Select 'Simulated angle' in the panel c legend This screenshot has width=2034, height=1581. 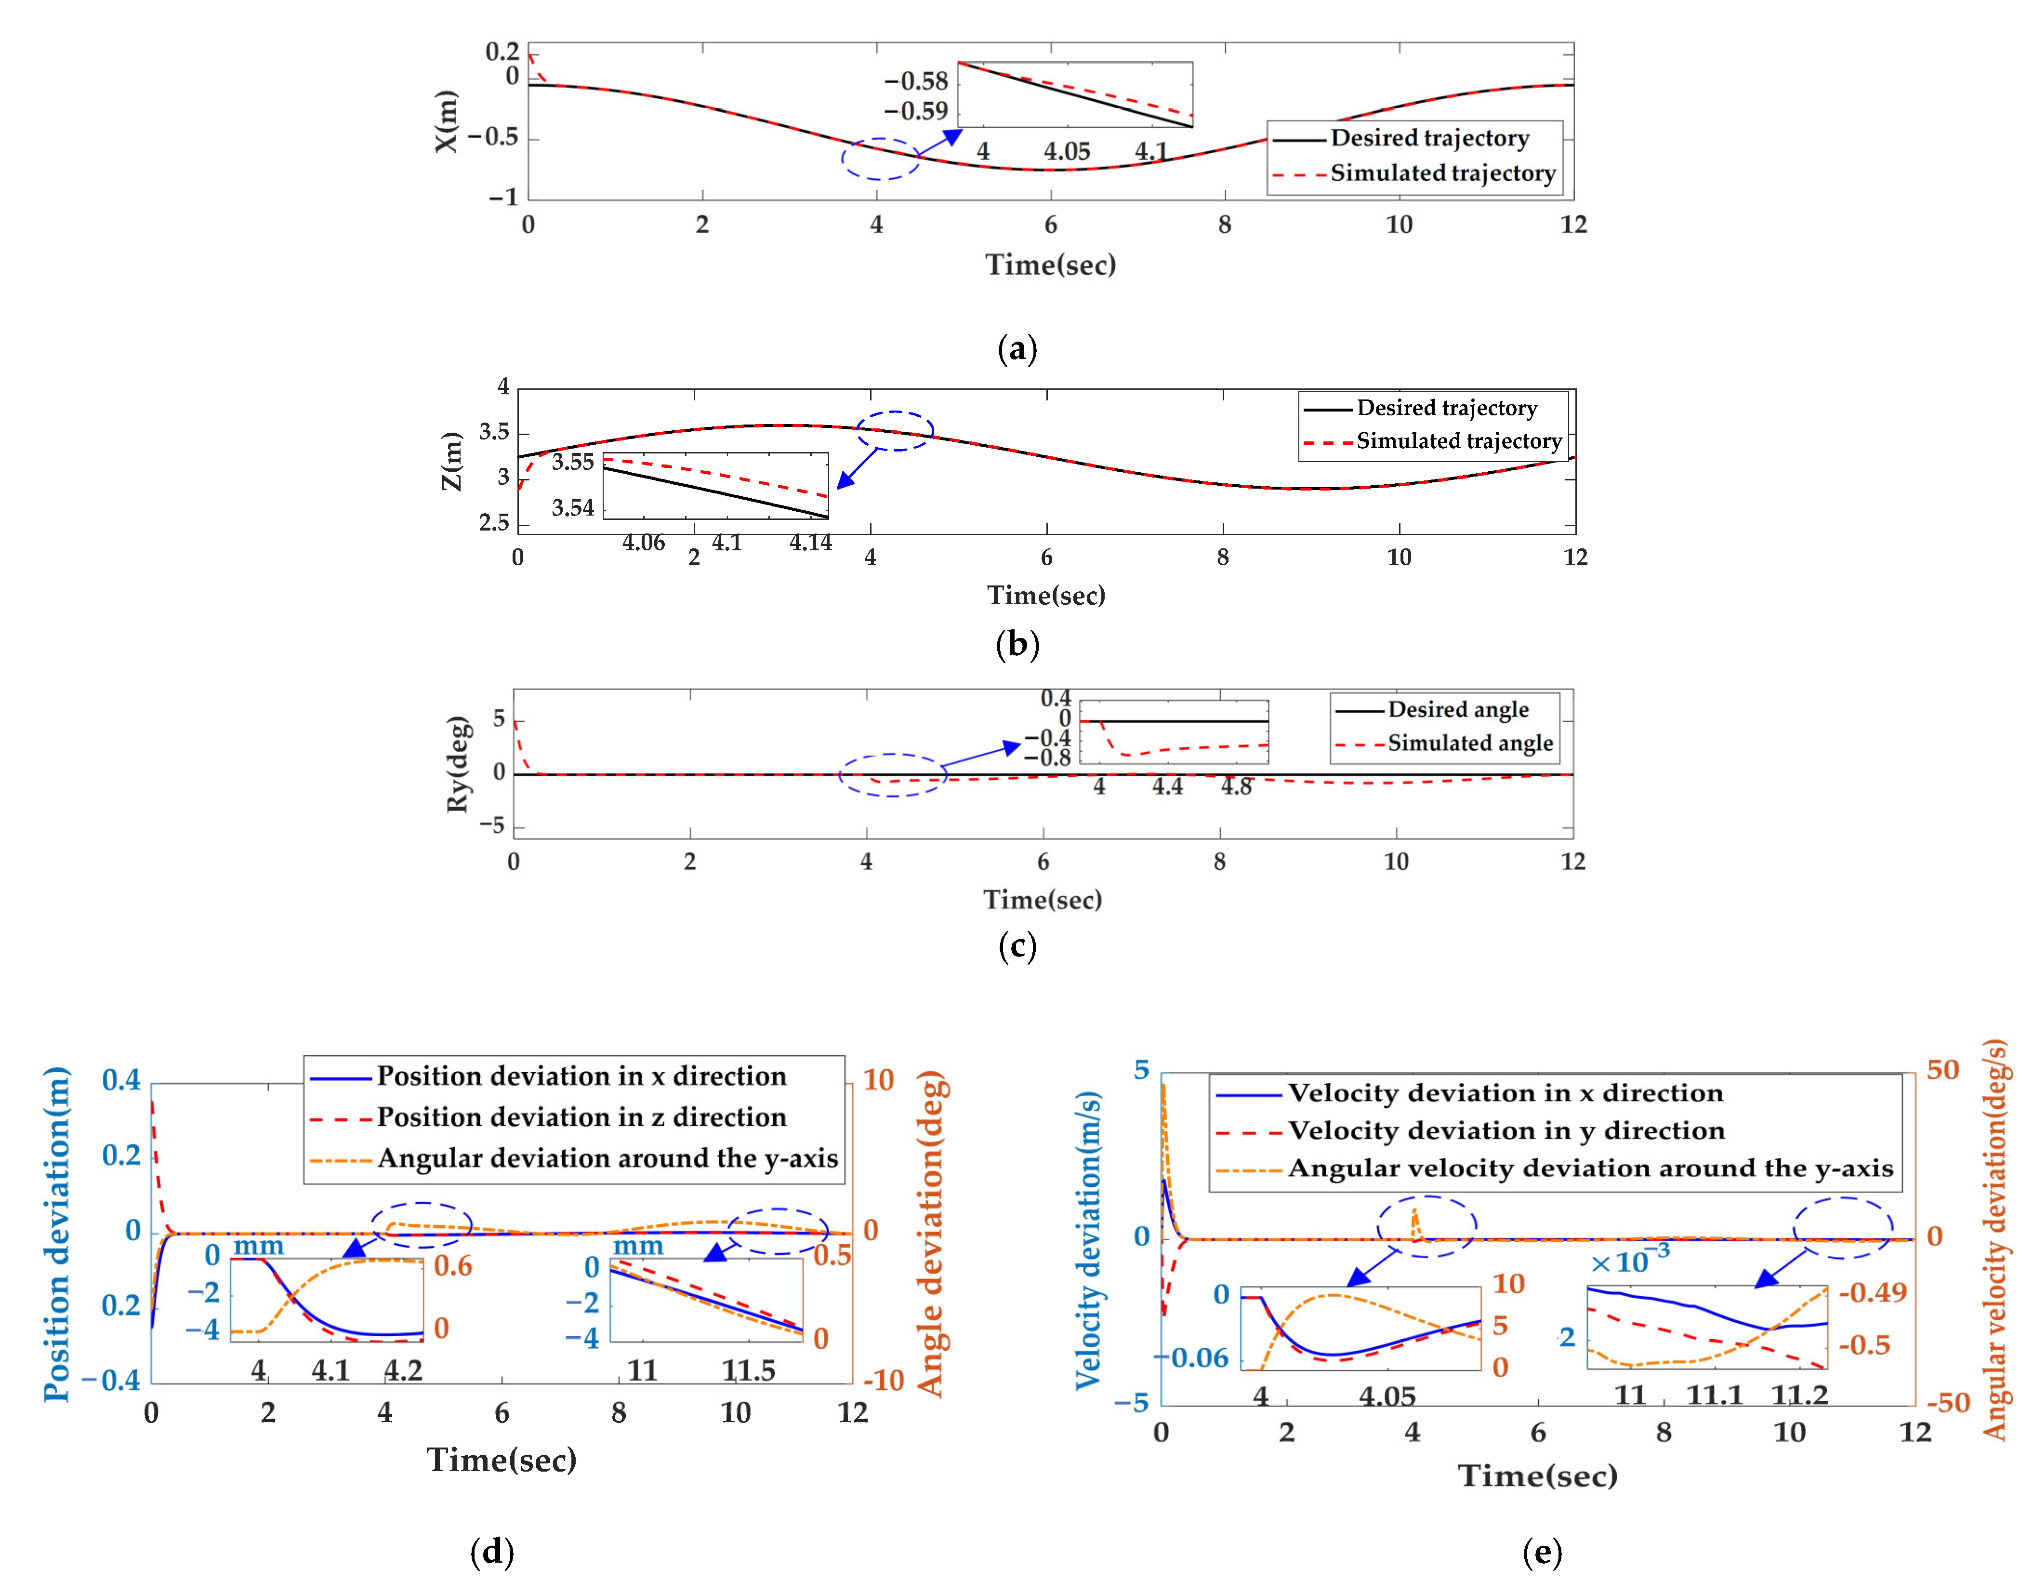[1470, 744]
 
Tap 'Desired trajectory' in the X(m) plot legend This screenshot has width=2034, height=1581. [1428, 138]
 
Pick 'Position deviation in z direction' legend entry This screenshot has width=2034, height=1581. [581, 1117]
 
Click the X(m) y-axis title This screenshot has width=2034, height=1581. [447, 121]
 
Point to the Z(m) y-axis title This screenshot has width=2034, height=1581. [452, 461]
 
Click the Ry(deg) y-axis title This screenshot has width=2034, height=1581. [457, 764]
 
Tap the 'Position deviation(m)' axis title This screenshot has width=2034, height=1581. [58, 1235]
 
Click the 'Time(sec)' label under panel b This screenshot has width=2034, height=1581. [1046, 595]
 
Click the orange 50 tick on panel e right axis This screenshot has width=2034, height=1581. [1943, 1070]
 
